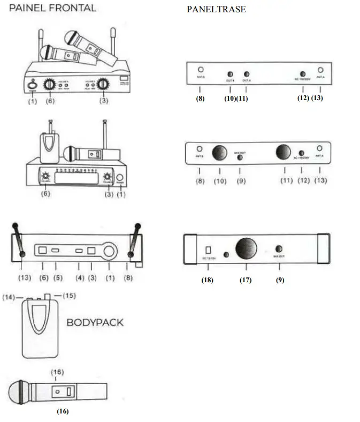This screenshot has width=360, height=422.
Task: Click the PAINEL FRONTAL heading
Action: point(52,7)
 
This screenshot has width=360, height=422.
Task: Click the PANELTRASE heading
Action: point(216,10)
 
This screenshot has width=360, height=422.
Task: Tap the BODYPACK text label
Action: point(95,322)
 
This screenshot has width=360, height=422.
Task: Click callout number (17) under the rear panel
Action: point(246,280)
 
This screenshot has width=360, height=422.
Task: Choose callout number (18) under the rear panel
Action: point(208,280)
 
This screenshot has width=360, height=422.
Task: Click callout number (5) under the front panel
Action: point(56,278)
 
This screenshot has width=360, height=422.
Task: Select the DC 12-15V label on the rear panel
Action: point(209,259)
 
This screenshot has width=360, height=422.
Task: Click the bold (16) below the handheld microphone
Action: point(63,411)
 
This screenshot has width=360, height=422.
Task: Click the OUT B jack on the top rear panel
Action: point(231,74)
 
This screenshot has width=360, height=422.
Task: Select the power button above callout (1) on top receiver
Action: point(33,85)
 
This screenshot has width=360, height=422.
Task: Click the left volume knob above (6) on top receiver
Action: point(50,84)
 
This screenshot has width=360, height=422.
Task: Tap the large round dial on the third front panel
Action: point(110,250)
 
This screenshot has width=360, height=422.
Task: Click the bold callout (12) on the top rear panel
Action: point(303,99)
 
